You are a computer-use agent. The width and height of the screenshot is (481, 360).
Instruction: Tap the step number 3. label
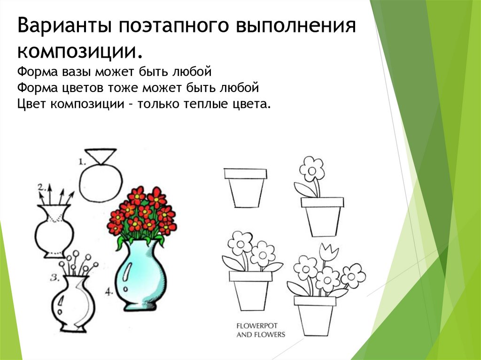pyautogui.click(x=54, y=278)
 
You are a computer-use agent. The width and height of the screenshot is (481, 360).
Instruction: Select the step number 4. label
pyautogui.click(x=109, y=291)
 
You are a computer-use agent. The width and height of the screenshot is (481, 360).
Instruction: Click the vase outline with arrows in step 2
pyautogui.click(x=54, y=230)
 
